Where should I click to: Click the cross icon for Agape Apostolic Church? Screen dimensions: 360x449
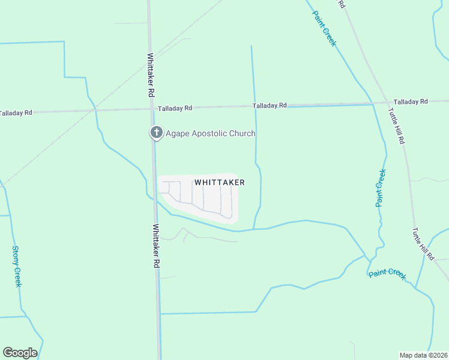156,133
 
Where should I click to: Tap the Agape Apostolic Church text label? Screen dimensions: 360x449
210,133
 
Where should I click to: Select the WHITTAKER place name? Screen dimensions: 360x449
219,181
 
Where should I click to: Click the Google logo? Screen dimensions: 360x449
20,353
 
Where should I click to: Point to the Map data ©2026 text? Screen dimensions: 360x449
424,355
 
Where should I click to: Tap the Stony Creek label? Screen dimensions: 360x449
17,266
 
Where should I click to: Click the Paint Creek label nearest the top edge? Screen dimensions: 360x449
324,28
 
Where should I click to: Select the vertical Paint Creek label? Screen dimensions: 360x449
381,188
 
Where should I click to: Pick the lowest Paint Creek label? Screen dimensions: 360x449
387,274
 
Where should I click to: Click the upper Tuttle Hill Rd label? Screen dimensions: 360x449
396,125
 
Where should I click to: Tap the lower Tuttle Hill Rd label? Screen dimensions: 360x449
423,243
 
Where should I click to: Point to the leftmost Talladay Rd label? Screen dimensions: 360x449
16,112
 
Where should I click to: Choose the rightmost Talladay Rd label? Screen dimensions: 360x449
411,101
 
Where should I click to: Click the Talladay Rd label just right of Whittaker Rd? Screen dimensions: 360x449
175,108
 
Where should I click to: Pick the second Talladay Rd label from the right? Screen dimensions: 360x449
270,106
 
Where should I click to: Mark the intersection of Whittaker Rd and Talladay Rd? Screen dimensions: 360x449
151,109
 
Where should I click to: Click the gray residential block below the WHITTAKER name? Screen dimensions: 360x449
204,199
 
